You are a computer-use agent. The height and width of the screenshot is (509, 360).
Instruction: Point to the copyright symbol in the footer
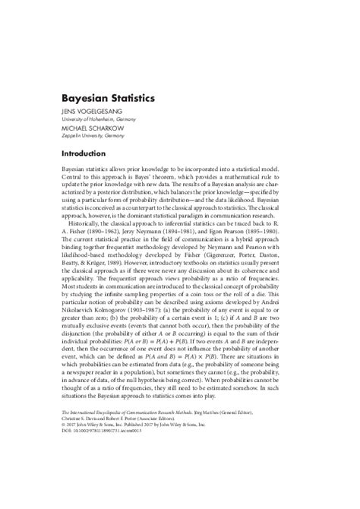(x=64, y=444)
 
